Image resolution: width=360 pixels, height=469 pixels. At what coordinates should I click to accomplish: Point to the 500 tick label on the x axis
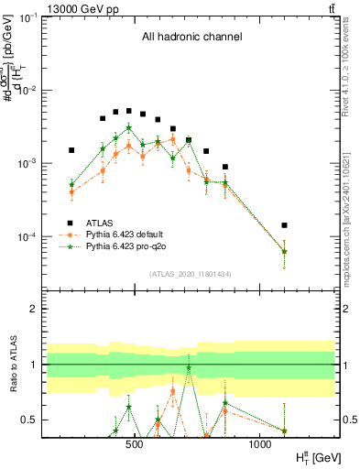pos(135,444)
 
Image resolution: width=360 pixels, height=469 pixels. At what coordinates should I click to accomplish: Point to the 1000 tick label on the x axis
pos(259,444)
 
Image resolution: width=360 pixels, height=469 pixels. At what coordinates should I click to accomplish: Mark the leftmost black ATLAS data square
pos(71,150)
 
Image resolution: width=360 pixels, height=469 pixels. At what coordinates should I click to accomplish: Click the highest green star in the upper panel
pos(129,127)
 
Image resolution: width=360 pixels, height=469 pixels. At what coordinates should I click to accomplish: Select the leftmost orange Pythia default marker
pos(71,192)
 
